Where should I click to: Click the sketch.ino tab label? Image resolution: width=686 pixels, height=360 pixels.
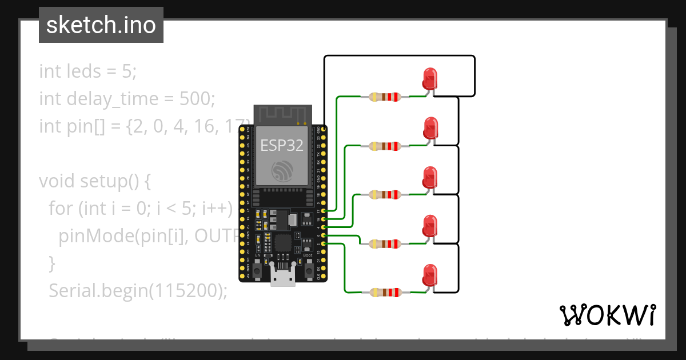101,25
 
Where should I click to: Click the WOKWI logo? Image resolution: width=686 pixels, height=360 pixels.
607,315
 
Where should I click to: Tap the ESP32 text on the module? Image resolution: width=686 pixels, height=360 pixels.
282,145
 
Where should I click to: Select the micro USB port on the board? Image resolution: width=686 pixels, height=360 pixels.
282,279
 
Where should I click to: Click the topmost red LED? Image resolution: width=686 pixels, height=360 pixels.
429,78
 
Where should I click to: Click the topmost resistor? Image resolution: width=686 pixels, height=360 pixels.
385,97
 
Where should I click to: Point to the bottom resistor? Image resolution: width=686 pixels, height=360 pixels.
385,293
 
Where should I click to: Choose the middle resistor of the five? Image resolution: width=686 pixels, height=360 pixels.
385,195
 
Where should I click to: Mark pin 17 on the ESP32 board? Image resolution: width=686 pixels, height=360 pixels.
324,211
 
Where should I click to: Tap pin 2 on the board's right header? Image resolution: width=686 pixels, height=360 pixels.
324,244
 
